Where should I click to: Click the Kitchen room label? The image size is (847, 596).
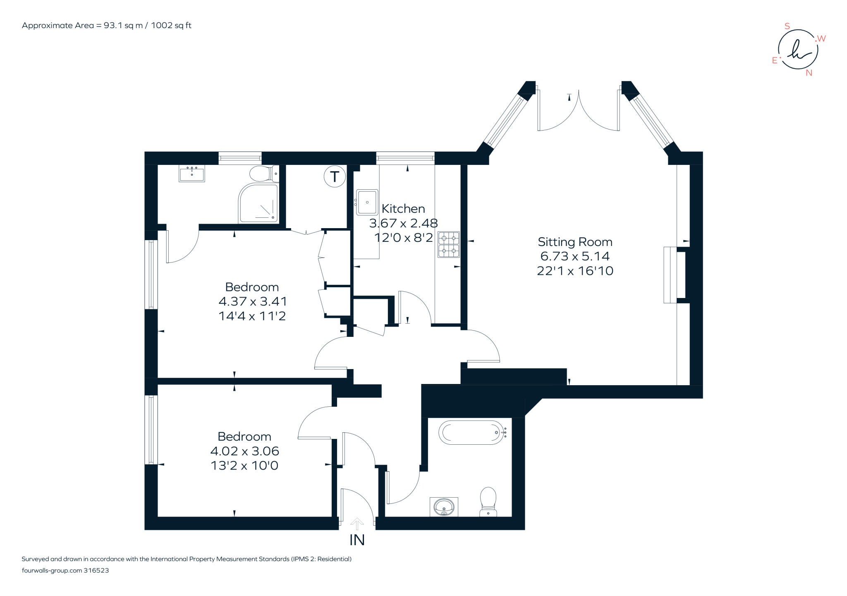tap(403, 209)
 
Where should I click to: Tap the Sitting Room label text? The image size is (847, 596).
tap(575, 242)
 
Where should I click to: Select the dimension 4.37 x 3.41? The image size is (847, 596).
tap(252, 301)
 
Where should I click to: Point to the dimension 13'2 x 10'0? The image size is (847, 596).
tap(244, 466)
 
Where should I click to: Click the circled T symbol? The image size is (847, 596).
tap(334, 177)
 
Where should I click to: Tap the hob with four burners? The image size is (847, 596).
tap(449, 245)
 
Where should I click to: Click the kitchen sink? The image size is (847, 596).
tap(367, 202)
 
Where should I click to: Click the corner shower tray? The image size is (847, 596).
tap(258, 203)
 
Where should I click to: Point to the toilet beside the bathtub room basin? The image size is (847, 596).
tap(488, 501)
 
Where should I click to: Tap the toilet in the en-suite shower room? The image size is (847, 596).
tap(263, 174)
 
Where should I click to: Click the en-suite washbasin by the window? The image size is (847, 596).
tap(191, 173)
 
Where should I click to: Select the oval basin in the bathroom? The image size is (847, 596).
tap(444, 506)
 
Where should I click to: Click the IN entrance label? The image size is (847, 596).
tap(357, 540)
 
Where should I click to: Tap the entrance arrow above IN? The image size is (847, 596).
tap(357, 524)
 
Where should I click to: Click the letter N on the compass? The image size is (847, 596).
tap(809, 73)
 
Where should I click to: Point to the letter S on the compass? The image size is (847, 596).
tap(787, 26)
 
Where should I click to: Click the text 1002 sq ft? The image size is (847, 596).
tap(171, 25)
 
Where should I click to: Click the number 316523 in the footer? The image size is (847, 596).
tap(96, 570)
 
